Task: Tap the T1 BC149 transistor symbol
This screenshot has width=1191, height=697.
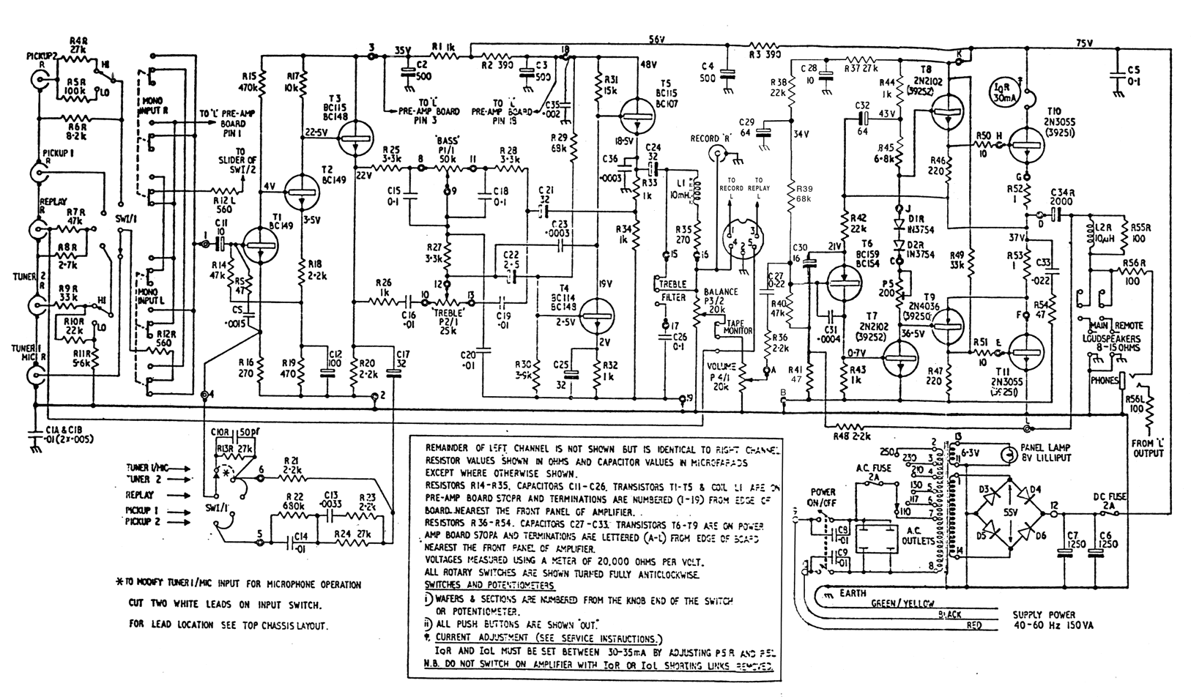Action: click(258, 245)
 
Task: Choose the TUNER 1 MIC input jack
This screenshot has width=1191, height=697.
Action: click(36, 376)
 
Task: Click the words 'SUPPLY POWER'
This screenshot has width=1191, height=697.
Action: click(1045, 614)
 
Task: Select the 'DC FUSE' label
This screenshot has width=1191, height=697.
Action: click(1110, 496)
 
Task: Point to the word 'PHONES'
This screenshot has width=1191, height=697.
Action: click(1104, 381)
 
